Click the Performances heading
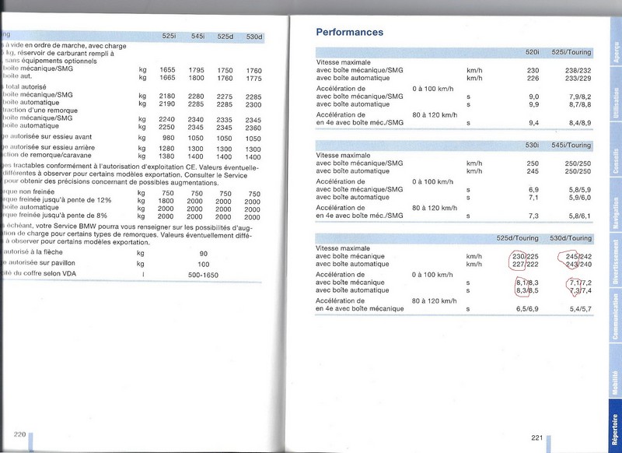349,33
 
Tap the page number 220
19,433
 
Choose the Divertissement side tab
614,265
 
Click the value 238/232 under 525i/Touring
578,70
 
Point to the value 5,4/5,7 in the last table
579,308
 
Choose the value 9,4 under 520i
533,122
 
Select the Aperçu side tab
614,50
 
